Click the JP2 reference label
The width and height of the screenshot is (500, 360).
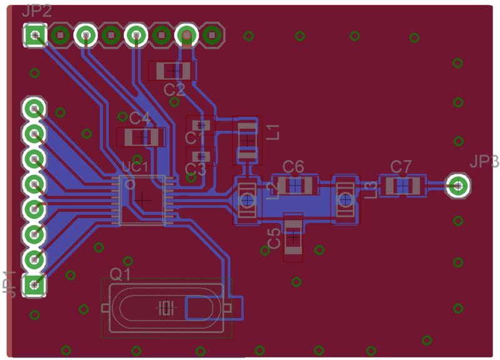click(36, 11)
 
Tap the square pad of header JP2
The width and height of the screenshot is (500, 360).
click(36, 35)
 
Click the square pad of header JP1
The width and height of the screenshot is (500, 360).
click(34, 285)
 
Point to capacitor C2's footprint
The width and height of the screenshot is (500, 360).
click(172, 71)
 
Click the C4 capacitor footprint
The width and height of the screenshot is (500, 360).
click(141, 136)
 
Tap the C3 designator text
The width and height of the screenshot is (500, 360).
click(195, 169)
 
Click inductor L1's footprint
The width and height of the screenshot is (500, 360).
click(247, 141)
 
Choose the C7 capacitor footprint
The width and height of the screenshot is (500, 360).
click(403, 185)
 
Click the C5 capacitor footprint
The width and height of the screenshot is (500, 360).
click(293, 237)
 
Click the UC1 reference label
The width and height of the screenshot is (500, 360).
click(134, 167)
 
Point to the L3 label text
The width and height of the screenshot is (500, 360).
click(370, 189)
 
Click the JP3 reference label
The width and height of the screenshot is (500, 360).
click(484, 162)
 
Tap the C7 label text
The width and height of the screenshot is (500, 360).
click(401, 166)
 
